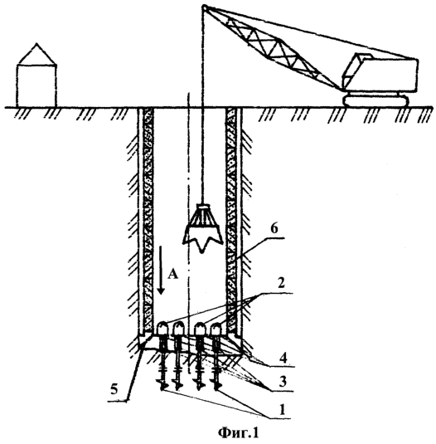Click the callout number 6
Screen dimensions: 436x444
[x=274, y=230]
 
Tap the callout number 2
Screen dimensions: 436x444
[x=280, y=283]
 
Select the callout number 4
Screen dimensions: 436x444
[x=283, y=358]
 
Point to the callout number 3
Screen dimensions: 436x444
[x=282, y=382]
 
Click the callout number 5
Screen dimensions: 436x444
[x=114, y=389]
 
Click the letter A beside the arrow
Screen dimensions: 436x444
[x=172, y=274]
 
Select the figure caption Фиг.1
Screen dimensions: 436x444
[x=239, y=432]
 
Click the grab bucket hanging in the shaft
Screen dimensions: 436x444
[x=202, y=227]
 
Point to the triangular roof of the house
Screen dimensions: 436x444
[x=36, y=54]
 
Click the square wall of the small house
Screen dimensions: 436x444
[x=36, y=86]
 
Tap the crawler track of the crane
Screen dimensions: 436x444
[x=375, y=100]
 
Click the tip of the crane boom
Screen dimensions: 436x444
[x=204, y=7]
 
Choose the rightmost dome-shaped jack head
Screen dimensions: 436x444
[x=216, y=329]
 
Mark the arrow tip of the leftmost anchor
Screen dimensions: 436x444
[x=162, y=390]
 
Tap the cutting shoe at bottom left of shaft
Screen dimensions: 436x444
[x=144, y=341]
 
